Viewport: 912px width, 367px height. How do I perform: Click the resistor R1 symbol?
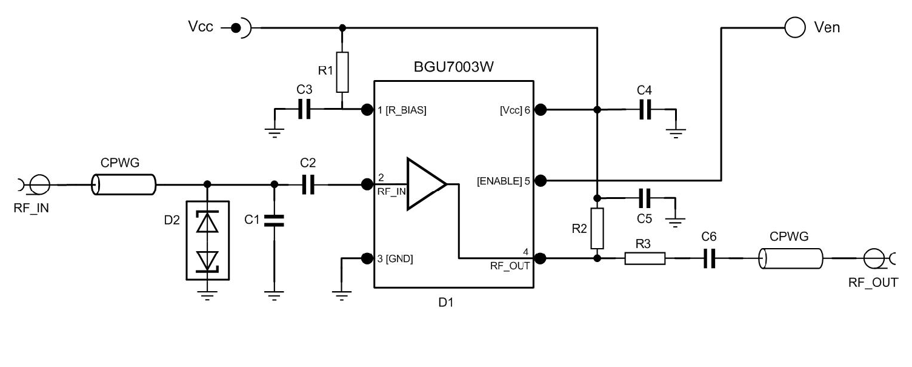[x=342, y=72]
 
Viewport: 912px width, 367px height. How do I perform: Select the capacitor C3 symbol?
[x=304, y=109]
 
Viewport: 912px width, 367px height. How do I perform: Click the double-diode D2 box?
[x=208, y=240]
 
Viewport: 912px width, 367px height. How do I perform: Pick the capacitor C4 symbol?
[x=647, y=109]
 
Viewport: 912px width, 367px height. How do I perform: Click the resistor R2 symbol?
[x=597, y=227]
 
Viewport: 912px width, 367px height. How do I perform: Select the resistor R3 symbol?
[x=645, y=258]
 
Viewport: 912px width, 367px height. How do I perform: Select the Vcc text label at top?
[x=201, y=27]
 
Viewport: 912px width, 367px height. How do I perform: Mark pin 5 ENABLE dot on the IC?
[x=541, y=180]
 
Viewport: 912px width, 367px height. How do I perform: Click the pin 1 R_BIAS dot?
[x=366, y=109]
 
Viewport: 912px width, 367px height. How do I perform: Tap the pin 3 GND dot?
[x=366, y=258]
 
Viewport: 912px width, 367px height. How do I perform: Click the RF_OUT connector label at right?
[x=873, y=282]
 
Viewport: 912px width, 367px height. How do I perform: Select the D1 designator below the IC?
[x=446, y=302]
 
